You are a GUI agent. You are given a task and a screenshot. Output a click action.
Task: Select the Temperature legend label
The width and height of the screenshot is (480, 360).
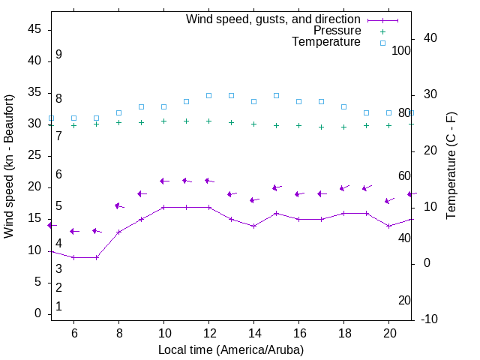tap(326, 42)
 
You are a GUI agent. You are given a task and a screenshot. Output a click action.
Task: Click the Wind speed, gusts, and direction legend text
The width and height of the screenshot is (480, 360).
tap(274, 19)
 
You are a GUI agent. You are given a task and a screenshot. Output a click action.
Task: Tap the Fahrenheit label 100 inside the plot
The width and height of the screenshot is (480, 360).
tap(401, 50)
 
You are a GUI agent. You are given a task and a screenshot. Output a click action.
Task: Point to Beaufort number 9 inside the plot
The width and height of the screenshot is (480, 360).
tap(58, 55)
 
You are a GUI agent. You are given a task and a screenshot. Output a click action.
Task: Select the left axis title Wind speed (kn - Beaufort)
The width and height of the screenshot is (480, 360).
tap(9, 166)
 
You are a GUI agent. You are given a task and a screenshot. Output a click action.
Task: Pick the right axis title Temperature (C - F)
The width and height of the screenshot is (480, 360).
tap(451, 166)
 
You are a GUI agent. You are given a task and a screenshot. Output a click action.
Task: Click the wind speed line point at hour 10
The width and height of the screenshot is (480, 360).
tap(163, 207)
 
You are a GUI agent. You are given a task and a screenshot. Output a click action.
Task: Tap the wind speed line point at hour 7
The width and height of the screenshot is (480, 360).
tap(96, 257)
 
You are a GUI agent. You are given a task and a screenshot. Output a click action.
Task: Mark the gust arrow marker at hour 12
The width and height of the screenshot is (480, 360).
tap(208, 181)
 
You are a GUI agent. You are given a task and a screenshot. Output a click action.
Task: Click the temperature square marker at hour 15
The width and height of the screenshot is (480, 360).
tap(276, 95)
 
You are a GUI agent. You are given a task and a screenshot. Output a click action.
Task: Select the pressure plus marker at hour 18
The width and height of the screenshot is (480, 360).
tap(343, 127)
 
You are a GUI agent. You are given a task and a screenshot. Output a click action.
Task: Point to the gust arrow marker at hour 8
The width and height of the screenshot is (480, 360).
tap(118, 205)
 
